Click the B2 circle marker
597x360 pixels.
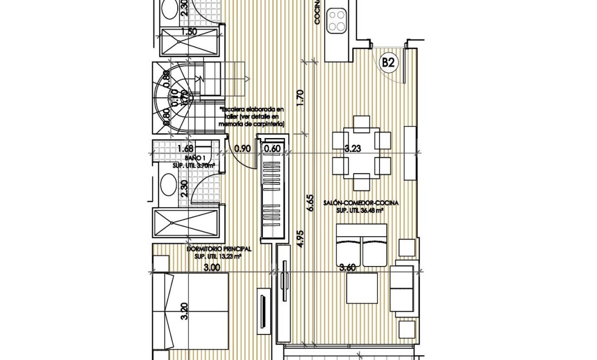tap(388, 63)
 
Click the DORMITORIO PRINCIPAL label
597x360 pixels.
tap(219, 248)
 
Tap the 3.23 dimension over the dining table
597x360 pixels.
tap(352, 149)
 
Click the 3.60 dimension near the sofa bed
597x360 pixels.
tap(349, 268)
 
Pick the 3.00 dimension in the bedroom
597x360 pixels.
tap(212, 268)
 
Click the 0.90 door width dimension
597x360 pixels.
tap(242, 149)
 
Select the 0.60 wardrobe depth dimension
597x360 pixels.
tap(272, 149)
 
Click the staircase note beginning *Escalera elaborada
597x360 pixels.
tap(252, 116)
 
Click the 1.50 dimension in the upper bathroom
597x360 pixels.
tap(189, 32)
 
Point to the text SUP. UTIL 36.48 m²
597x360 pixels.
tap(360, 210)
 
